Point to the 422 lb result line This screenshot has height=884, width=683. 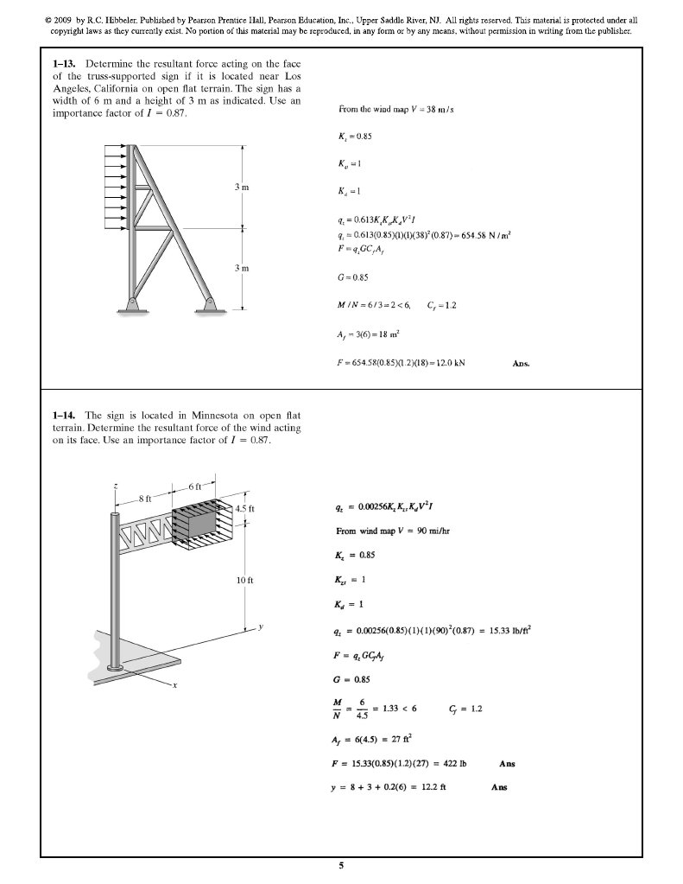[397, 764]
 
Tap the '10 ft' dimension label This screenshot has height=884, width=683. [244, 579]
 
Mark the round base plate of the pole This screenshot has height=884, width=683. [114, 667]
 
